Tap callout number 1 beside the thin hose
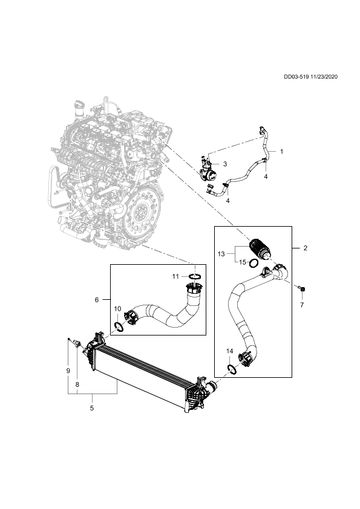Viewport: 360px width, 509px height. [x=282, y=152]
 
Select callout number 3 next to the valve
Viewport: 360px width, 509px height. [x=225, y=164]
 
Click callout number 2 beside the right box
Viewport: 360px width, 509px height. [x=305, y=248]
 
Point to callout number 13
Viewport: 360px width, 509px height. [x=221, y=254]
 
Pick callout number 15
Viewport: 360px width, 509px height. [x=243, y=262]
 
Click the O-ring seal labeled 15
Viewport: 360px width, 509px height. [x=254, y=263]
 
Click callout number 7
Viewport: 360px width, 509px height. [x=302, y=305]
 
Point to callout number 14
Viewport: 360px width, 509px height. [x=230, y=351]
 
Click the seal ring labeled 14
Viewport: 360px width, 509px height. [x=232, y=369]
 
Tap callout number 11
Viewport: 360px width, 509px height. [x=175, y=276]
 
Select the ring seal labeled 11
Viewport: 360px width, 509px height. [x=195, y=276]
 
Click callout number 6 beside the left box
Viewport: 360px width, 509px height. [x=97, y=300]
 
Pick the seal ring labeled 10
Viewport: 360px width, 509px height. [x=119, y=327]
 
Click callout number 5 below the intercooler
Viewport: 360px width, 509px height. [x=92, y=407]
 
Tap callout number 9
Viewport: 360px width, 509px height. [x=68, y=371]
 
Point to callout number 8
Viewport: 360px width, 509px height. [x=77, y=384]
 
